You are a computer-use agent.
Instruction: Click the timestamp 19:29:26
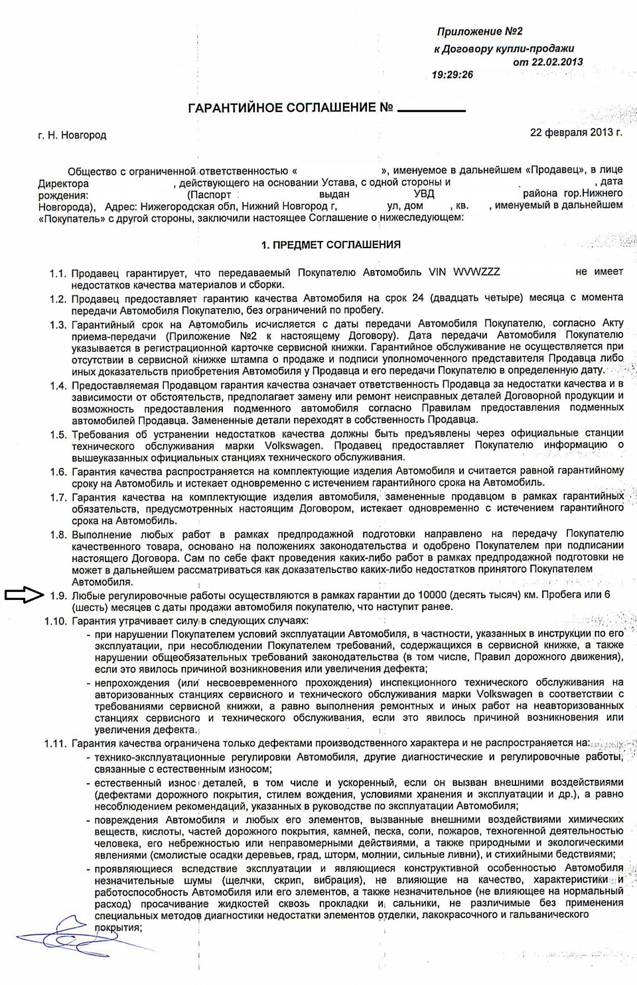pyautogui.click(x=452, y=74)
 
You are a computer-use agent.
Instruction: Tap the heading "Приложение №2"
pyautogui.click(x=480, y=31)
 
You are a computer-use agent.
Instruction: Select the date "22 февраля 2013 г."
pyautogui.click(x=576, y=132)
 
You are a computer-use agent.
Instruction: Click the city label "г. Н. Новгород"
pyautogui.click(x=72, y=135)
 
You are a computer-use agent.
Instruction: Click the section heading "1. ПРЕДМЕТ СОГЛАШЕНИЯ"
pyautogui.click(x=330, y=244)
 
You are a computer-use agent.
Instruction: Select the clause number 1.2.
pyautogui.click(x=58, y=299)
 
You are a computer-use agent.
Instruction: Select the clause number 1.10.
pyautogui.click(x=55, y=621)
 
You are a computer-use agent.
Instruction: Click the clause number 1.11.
pyautogui.click(x=55, y=743)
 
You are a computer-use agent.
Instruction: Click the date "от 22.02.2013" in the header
pyautogui.click(x=548, y=62)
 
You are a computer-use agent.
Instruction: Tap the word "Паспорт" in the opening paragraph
pyautogui.click(x=211, y=194)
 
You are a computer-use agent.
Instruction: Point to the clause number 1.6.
pyautogui.click(x=58, y=471)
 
